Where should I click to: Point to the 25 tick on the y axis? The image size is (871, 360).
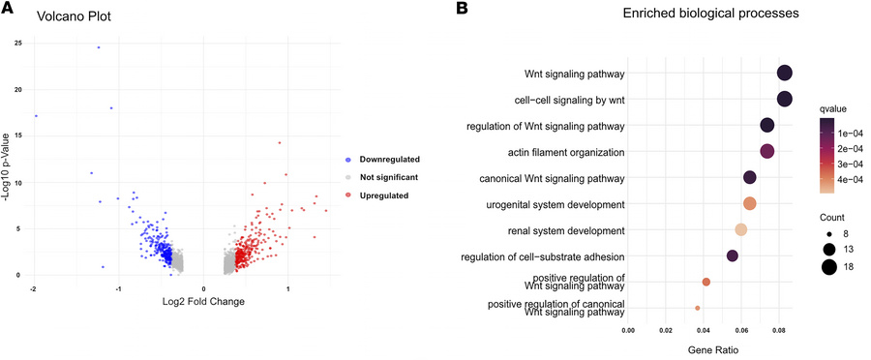(17, 43)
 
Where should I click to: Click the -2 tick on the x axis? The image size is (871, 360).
(34, 288)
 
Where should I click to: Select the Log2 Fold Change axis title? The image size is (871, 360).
(204, 302)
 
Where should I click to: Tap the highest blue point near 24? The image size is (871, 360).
(99, 46)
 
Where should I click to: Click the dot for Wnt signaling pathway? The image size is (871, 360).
(784, 74)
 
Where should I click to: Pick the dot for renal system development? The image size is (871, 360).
(741, 229)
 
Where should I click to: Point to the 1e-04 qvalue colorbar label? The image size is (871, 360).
(852, 132)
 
